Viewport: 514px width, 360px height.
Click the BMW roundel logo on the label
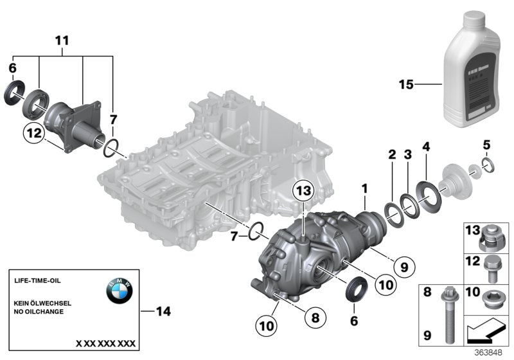[119, 292]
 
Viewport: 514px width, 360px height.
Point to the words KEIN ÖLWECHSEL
[43, 302]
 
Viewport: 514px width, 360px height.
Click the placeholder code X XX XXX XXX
[105, 344]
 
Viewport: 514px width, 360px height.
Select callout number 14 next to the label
[164, 312]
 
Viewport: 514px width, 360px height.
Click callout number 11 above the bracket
[61, 40]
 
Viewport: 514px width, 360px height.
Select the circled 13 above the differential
[303, 192]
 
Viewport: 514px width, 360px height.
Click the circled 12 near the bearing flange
[33, 133]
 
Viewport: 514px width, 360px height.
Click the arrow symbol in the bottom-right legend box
[486, 333]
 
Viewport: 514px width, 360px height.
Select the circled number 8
[315, 317]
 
